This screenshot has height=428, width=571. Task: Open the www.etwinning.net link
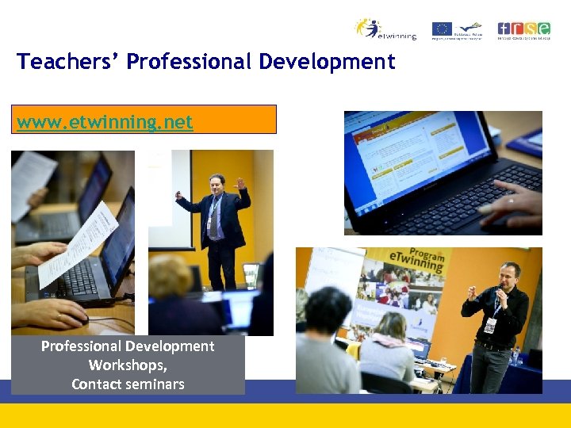coord(105,122)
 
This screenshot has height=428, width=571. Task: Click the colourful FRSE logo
coord(523,29)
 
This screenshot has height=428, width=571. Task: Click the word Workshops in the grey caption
coord(127,365)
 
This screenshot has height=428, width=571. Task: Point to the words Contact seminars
coord(128,384)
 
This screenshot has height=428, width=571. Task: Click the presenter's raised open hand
coord(240,184)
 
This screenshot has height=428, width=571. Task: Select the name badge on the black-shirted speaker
coord(490,324)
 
